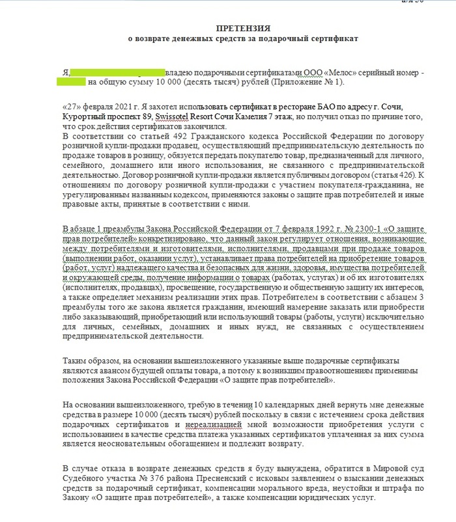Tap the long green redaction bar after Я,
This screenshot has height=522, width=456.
pos(115,72)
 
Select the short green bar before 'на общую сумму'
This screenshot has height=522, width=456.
pos(71,82)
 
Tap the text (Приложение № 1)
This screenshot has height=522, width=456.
pos(302,82)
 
